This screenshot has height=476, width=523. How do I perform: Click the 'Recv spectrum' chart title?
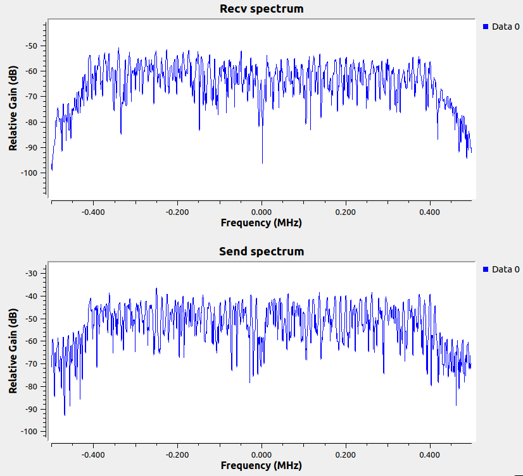261,9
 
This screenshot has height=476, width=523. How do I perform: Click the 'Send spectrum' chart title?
261,252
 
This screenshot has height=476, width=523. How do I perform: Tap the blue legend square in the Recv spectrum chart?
486,27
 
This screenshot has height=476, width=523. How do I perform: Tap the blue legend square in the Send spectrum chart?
486,269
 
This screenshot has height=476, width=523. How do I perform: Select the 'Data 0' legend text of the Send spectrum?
505,269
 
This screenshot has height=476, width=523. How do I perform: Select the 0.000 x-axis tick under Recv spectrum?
261,212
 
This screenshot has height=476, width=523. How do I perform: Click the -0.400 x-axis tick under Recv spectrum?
93,212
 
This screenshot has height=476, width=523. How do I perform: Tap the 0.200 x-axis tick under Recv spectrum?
346,212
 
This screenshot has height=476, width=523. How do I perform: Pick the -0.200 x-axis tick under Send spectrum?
177,455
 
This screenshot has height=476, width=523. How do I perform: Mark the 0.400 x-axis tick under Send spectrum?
430,455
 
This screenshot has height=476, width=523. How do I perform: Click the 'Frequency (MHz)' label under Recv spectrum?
261,223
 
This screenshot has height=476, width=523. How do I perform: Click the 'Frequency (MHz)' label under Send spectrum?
261,466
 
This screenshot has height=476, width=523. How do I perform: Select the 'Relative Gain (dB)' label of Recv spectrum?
13,109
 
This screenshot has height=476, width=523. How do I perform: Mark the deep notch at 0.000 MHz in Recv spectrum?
262,162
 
